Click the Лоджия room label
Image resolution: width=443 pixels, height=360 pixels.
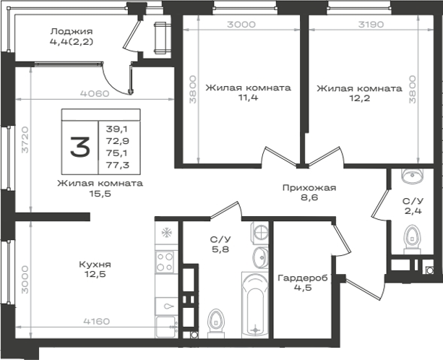(x=72, y=31)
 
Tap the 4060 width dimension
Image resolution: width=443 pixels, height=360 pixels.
(x=95, y=93)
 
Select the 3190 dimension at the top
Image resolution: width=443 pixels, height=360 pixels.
(x=371, y=25)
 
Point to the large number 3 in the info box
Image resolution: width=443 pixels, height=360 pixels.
(x=80, y=147)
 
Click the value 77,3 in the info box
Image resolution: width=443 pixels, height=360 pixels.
(x=118, y=165)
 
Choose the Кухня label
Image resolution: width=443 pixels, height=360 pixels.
(x=95, y=265)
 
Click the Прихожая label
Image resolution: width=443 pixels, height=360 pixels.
(x=309, y=188)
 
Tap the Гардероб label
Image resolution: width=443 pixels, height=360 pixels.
(x=303, y=278)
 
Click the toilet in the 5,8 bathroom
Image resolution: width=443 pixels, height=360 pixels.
(x=216, y=323)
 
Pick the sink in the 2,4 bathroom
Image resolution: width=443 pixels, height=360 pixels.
(x=413, y=176)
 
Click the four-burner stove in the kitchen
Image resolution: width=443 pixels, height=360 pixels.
(x=165, y=262)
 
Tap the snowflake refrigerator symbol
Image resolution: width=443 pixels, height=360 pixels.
(x=167, y=233)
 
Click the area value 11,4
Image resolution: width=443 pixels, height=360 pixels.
(x=249, y=98)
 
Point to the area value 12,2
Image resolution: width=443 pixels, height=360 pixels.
(x=359, y=99)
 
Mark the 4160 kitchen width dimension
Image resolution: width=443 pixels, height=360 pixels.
(x=97, y=321)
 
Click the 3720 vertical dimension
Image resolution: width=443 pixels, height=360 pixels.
(x=25, y=140)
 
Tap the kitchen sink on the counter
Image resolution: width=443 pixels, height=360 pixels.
(x=166, y=306)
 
